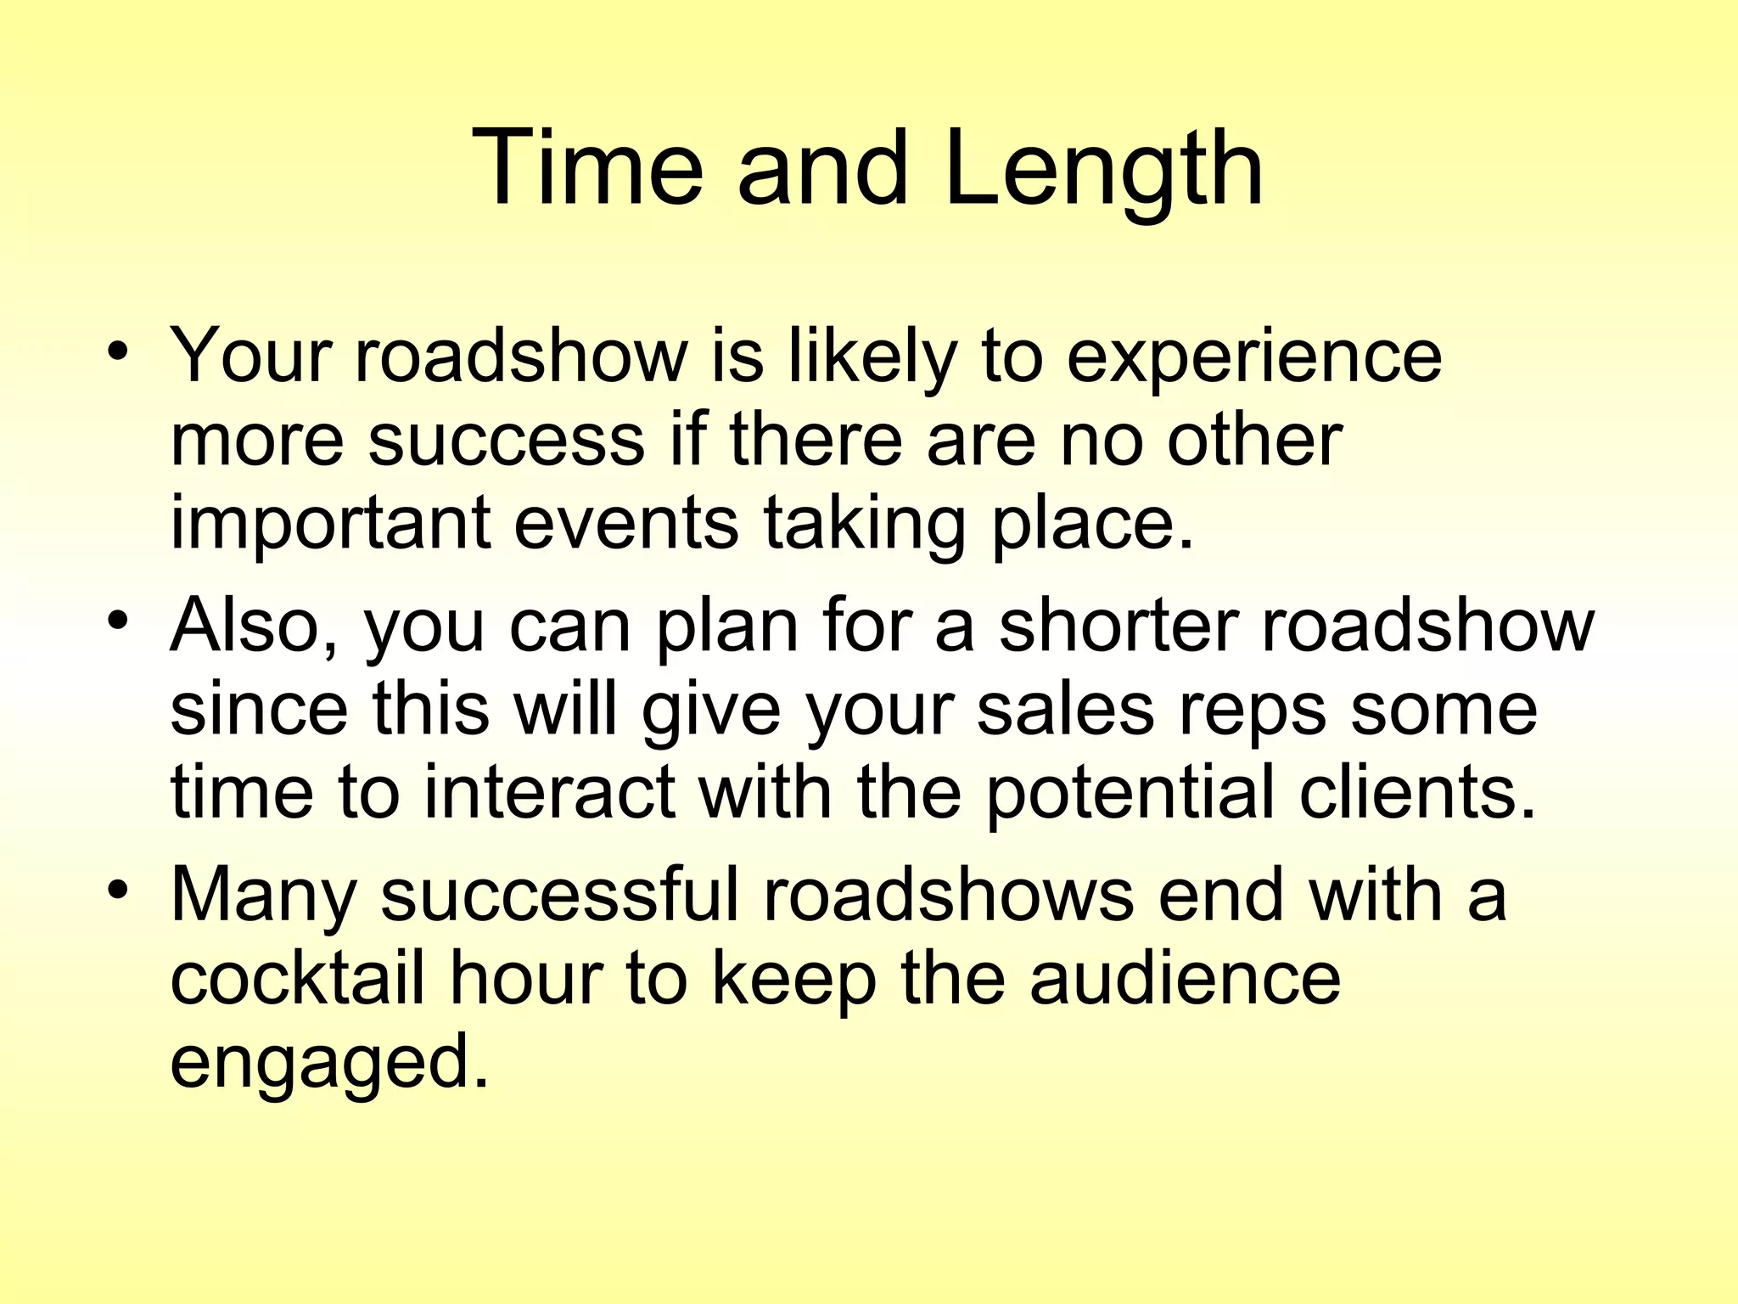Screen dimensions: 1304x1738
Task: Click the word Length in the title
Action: coord(1102,170)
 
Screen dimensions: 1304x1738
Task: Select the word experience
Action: coord(1253,357)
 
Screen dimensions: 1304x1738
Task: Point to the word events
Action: coord(626,525)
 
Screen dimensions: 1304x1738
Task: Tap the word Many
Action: coord(262,896)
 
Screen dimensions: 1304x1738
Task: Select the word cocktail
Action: coord(297,980)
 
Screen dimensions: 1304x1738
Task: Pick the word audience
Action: coord(1186,980)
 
